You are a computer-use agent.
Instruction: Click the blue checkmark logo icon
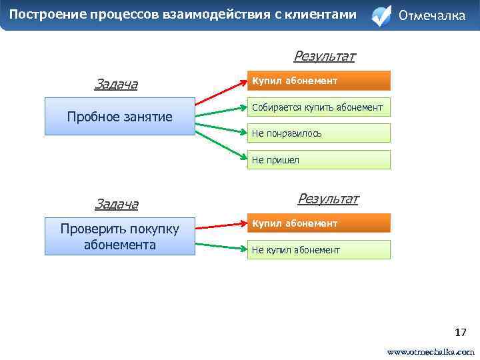click(x=381, y=16)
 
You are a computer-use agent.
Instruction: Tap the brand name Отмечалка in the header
click(x=431, y=15)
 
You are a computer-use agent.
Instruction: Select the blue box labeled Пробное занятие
click(x=119, y=117)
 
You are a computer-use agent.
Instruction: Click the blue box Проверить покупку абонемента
click(x=119, y=237)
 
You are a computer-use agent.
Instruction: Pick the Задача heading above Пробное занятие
click(x=116, y=84)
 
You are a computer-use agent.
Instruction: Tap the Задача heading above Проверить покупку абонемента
click(x=116, y=203)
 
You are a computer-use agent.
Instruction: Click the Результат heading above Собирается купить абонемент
click(x=324, y=56)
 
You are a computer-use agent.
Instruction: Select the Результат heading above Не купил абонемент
click(x=327, y=199)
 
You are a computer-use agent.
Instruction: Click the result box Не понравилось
click(x=319, y=133)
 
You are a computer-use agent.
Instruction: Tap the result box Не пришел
click(x=319, y=160)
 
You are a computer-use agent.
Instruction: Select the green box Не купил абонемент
click(x=319, y=250)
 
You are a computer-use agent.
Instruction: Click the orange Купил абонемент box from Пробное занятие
click(x=319, y=81)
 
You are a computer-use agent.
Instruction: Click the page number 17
click(x=460, y=332)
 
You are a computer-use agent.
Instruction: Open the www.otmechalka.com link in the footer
click(x=431, y=351)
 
